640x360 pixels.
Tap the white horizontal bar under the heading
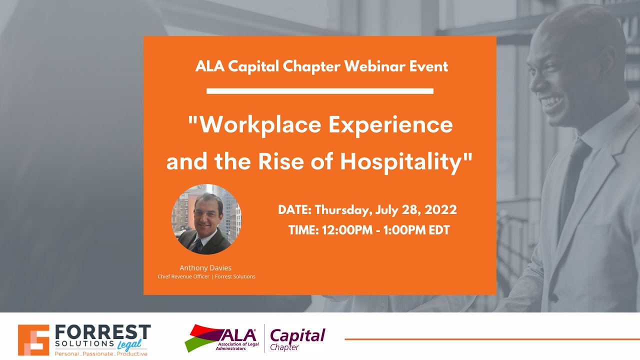point(319,91)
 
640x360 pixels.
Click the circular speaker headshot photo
point(206,219)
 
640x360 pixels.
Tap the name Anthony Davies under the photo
point(205,268)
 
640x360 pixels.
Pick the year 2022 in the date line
point(440,209)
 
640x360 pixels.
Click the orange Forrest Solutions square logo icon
point(33,340)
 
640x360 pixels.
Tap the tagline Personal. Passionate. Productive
point(100,354)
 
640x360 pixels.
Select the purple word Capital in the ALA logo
point(297,334)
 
